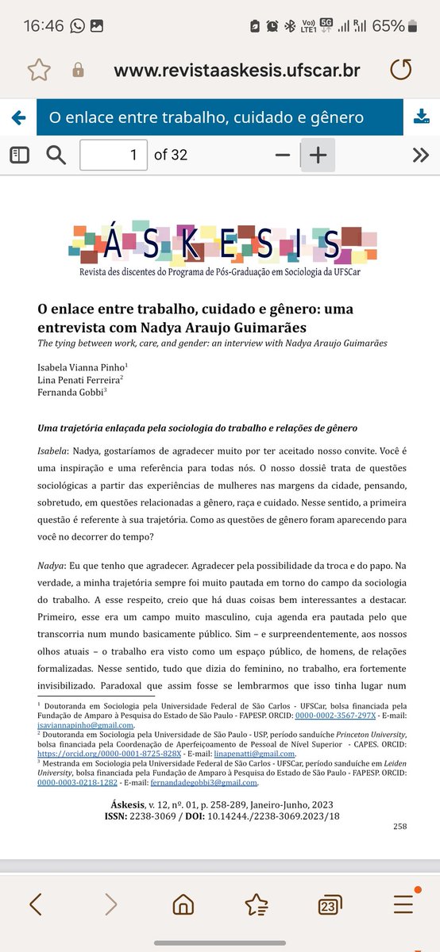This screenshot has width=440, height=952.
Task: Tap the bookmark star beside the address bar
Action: [x=39, y=70]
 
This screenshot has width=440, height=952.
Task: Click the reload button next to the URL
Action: [x=401, y=70]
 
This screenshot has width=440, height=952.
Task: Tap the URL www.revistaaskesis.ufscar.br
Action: [x=237, y=70]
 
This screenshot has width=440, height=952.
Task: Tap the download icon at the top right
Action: [x=421, y=117]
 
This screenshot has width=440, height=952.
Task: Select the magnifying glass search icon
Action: [x=56, y=155]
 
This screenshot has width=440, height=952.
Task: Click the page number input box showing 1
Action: [x=114, y=155]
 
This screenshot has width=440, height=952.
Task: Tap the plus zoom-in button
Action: [x=318, y=155]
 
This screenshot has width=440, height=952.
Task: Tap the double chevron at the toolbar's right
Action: [x=420, y=155]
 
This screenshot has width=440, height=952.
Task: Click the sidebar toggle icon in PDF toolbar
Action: [x=19, y=155]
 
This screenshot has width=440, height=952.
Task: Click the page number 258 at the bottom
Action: [x=399, y=826]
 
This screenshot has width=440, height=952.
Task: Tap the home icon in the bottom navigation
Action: [x=183, y=904]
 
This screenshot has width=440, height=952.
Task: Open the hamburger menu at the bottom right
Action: [x=403, y=904]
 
